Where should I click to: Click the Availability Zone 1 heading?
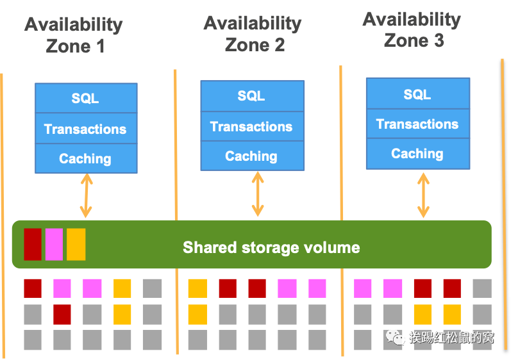74,35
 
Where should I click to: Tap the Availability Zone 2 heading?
253,33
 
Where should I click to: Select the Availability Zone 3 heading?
412,29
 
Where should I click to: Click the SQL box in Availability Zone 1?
85,98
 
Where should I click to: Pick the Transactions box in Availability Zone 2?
251,126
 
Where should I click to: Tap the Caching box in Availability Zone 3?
417,154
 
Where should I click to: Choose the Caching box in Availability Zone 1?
85,159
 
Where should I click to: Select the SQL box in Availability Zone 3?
417,95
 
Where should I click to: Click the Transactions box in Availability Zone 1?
85,129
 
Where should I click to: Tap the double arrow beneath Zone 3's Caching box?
423,193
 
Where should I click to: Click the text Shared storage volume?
271,247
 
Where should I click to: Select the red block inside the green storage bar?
33,244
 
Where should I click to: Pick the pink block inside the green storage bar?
54,244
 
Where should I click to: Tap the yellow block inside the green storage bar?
76,244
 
